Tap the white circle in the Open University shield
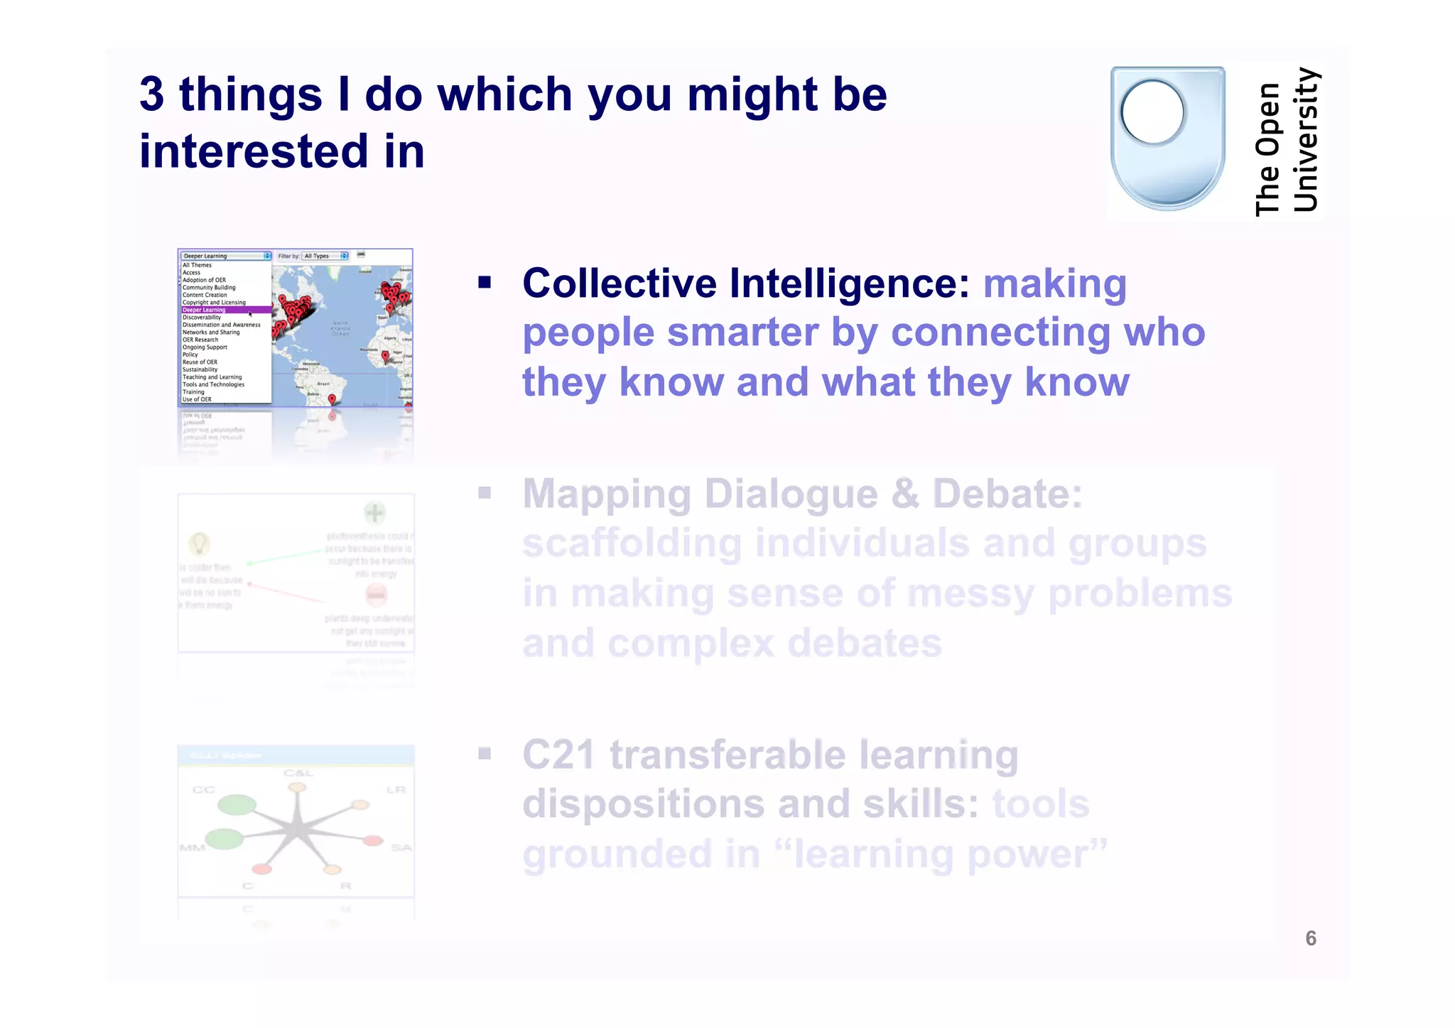click(x=1152, y=112)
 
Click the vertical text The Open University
click(x=1287, y=142)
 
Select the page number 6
click(x=1311, y=938)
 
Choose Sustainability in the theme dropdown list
click(x=200, y=369)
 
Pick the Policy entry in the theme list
click(x=190, y=355)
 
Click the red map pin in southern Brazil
click(x=332, y=401)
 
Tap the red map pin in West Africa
click(x=386, y=357)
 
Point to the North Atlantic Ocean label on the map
click(x=340, y=328)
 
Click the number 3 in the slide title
click(x=151, y=94)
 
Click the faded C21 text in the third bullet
click(x=558, y=754)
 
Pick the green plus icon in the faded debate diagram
click(x=374, y=512)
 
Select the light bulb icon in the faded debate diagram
click(x=199, y=544)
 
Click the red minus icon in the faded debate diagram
click(x=376, y=594)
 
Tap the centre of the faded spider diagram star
click(x=297, y=830)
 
